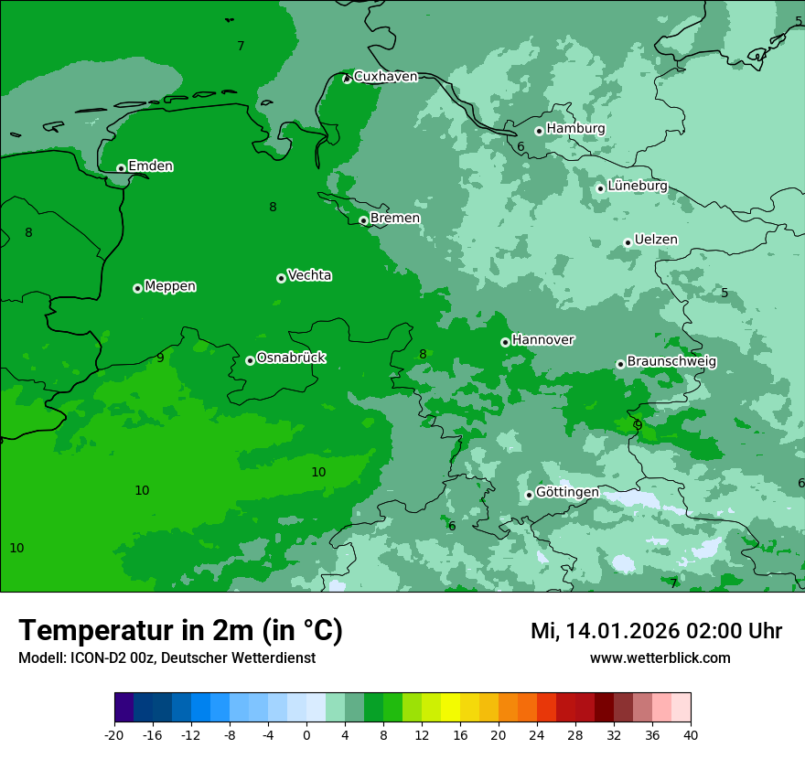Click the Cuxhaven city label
click(385, 77)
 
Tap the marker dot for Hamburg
click(539, 131)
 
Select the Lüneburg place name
click(638, 186)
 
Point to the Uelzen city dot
click(628, 242)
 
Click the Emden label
click(150, 166)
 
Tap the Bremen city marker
click(363, 220)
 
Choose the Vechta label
click(309, 275)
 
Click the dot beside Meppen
click(137, 288)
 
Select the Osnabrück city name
click(291, 358)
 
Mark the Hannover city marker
click(505, 342)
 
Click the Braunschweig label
click(671, 362)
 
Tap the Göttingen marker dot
click(529, 495)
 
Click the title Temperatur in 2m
click(180, 631)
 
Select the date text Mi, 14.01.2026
click(617, 631)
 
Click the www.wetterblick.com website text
click(660, 657)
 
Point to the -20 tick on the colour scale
click(114, 734)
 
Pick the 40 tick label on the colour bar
click(690, 734)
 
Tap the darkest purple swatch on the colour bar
click(124, 708)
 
